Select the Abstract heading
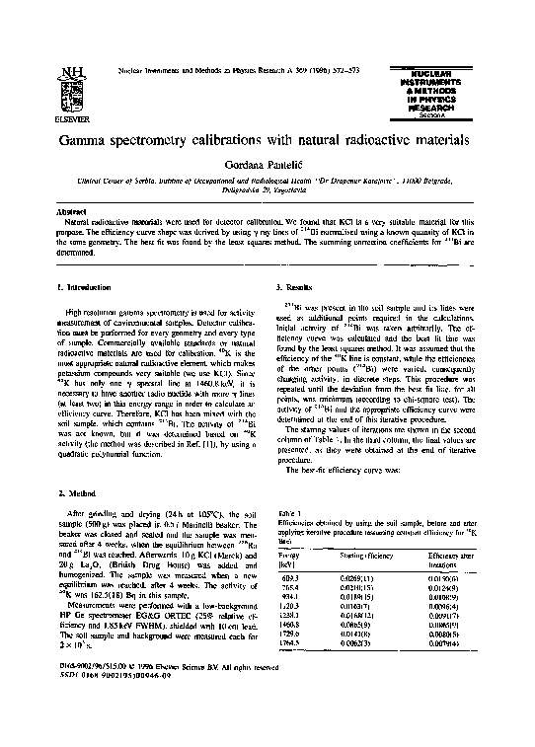point(70,211)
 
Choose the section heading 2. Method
point(81,490)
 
